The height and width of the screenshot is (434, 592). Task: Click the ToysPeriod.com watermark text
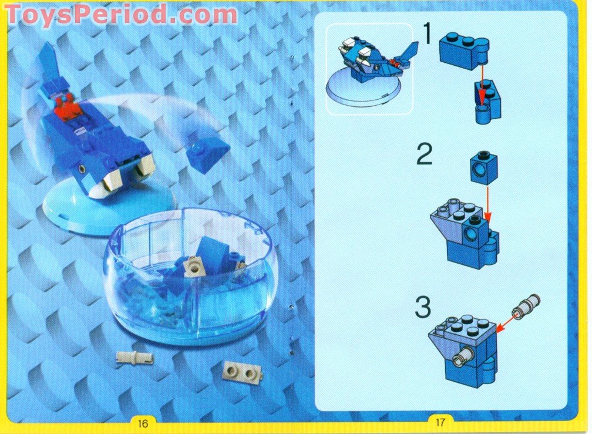pyautogui.click(x=120, y=14)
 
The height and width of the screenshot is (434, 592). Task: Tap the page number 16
pyautogui.click(x=143, y=422)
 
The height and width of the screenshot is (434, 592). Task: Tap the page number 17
pyautogui.click(x=440, y=422)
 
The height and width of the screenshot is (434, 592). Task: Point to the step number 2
pyautogui.click(x=425, y=156)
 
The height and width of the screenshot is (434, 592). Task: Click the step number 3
pyautogui.click(x=424, y=308)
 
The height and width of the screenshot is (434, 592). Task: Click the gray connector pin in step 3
pyautogui.click(x=527, y=306)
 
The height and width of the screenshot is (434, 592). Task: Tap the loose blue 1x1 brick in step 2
pyautogui.click(x=483, y=169)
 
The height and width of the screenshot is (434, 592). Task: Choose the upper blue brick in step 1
pyautogui.click(x=462, y=51)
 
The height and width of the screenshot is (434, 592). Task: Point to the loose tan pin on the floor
pyautogui.click(x=134, y=356)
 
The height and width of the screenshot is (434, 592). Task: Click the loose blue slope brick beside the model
pyautogui.click(x=208, y=154)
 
